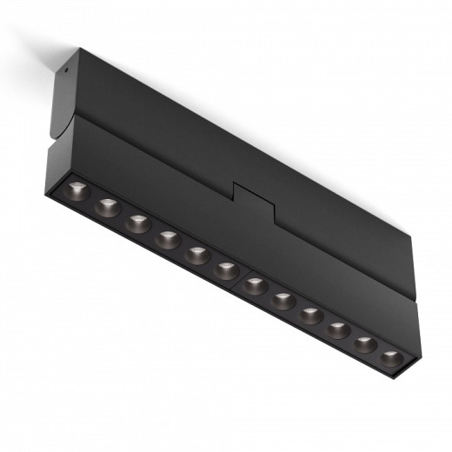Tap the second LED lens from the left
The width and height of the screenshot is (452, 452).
point(108,206)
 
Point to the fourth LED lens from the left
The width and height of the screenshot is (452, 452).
point(167,237)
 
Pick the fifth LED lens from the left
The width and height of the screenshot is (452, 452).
point(197,254)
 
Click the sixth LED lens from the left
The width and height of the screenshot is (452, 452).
point(227,269)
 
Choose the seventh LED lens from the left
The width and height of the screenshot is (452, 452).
point(256,284)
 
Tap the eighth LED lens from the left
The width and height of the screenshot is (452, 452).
point(283,300)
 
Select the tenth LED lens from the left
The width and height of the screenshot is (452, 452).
point(338,329)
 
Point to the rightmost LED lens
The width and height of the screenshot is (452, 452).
point(392,356)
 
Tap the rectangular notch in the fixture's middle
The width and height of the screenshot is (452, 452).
point(254,198)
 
